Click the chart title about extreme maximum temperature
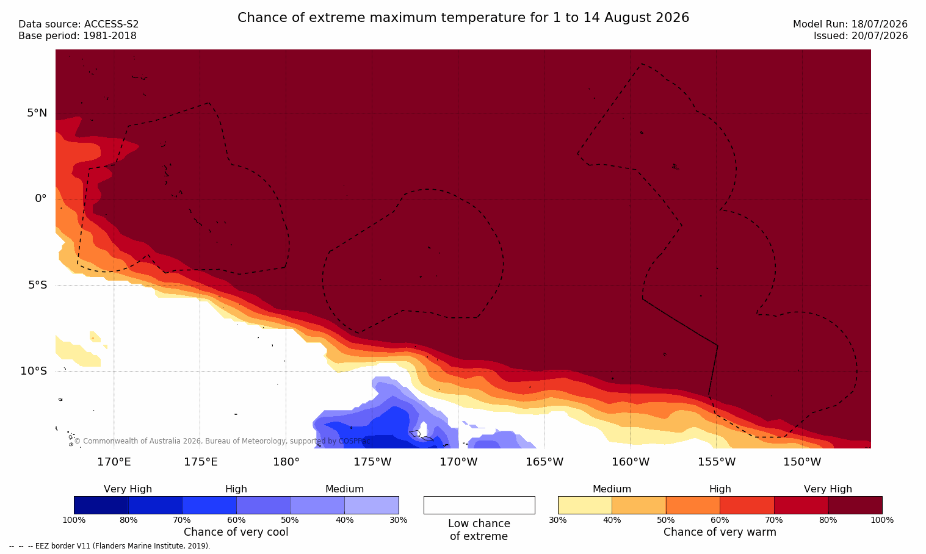[x=463, y=18]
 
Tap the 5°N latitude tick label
[x=37, y=113]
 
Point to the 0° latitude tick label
[x=40, y=199]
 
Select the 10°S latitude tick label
[x=34, y=371]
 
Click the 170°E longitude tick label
[x=114, y=462]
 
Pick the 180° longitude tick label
[x=286, y=462]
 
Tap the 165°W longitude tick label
[x=544, y=462]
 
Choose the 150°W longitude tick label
[x=803, y=462]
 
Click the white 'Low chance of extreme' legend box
[x=479, y=505]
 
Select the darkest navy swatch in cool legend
[x=101, y=505]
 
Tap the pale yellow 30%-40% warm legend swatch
[x=585, y=505]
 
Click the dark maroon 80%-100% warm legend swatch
[x=855, y=505]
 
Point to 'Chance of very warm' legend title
[x=720, y=532]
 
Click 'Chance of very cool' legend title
[x=236, y=532]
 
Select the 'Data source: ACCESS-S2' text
[x=79, y=24]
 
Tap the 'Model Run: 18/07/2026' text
[x=850, y=24]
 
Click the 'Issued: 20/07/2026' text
[x=861, y=36]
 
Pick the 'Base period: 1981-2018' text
[x=78, y=36]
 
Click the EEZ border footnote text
[x=109, y=546]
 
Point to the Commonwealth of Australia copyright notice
[x=222, y=441]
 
